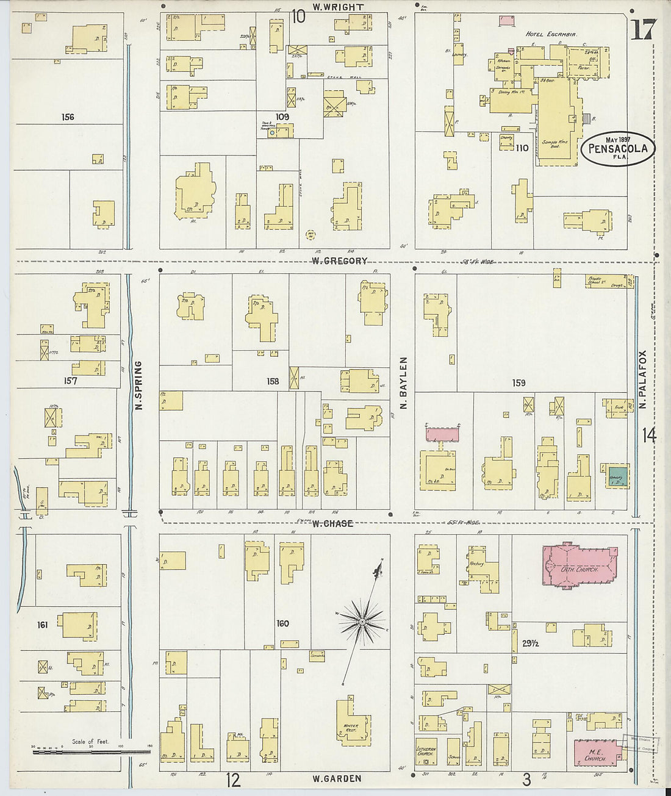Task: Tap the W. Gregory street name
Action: coord(340,261)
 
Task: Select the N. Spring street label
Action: coord(138,385)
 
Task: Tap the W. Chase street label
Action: coord(332,523)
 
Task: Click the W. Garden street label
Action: coord(337,778)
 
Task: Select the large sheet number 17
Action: coord(644,29)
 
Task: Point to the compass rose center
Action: coord(362,622)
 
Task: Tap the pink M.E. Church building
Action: coord(595,754)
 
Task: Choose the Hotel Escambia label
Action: coord(551,35)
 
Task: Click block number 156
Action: coord(68,117)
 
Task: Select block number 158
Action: coord(273,381)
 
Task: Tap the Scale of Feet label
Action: coord(90,741)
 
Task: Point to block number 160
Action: coord(282,623)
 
